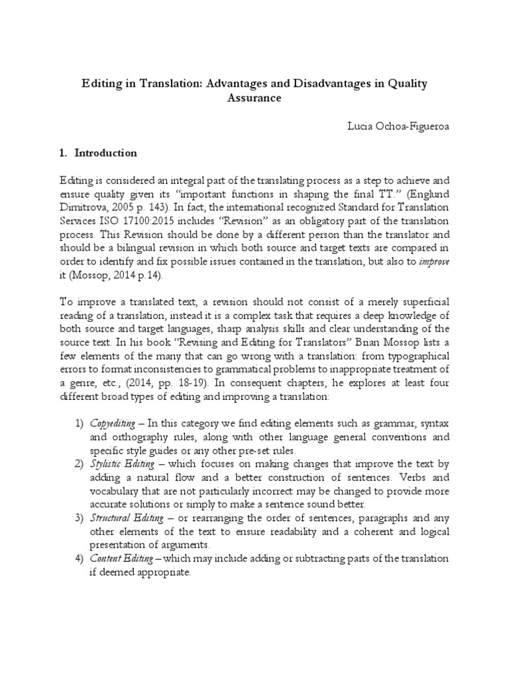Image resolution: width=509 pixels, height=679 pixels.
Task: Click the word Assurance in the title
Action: pos(254,98)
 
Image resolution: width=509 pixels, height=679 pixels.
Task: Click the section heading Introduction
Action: pos(106,153)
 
